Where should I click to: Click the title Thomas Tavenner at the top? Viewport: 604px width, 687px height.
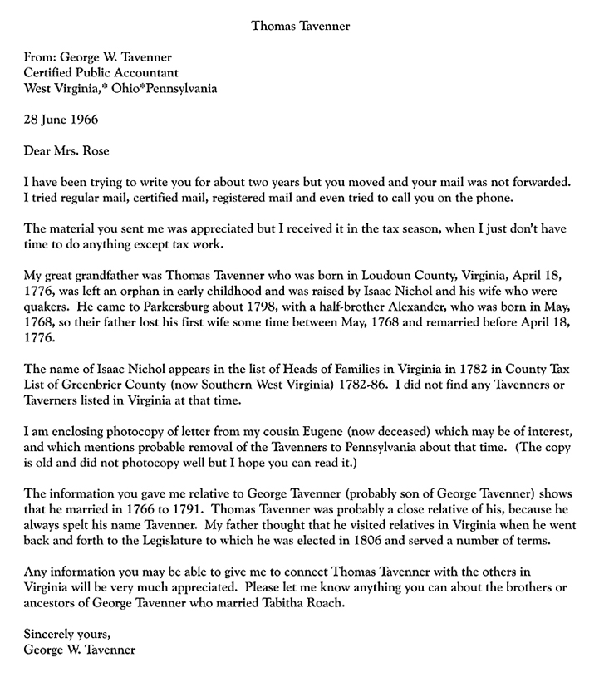click(x=301, y=26)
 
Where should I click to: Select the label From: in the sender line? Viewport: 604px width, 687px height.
click(x=42, y=57)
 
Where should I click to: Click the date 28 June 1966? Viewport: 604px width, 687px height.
click(x=61, y=119)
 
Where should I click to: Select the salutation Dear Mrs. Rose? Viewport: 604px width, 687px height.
click(x=66, y=150)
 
